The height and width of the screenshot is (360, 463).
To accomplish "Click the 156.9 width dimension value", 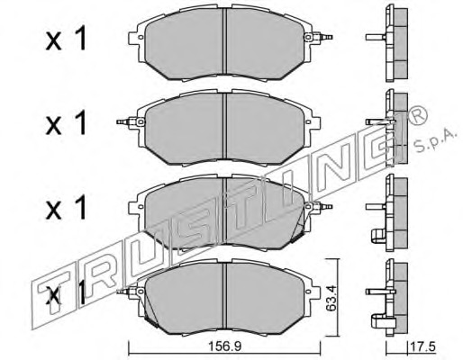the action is (225, 346).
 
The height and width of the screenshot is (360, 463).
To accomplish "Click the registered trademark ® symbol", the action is (418, 116).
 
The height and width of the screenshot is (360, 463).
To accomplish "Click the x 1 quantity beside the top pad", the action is (66, 39).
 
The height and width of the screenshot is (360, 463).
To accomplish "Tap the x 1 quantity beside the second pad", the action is (66, 122).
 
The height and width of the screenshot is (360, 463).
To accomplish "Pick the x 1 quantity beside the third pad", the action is (66, 207).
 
